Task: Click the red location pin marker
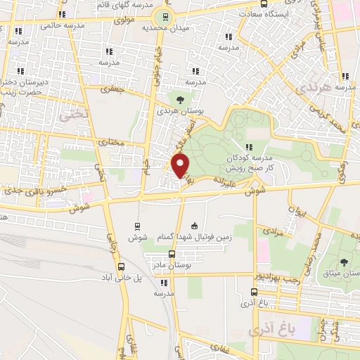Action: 181,166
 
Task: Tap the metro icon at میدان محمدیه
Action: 166,18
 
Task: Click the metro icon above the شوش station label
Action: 137,226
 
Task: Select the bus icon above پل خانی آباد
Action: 122,266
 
